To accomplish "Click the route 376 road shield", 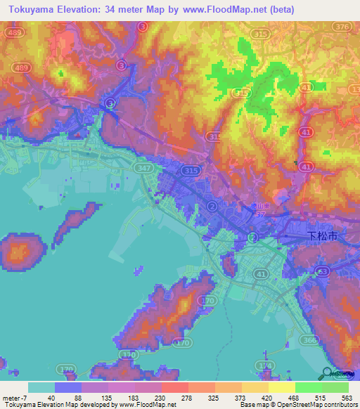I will pyautogui.click(x=342, y=27).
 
